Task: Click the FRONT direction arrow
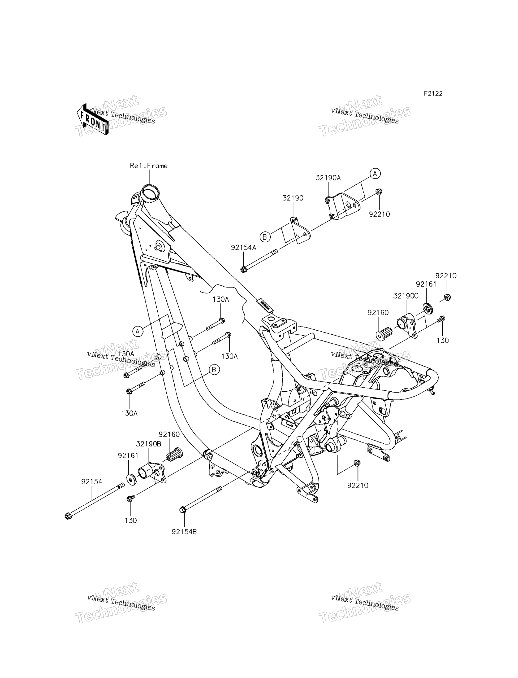click(92, 119)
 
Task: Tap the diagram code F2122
click(433, 93)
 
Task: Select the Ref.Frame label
click(149, 166)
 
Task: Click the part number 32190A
click(328, 178)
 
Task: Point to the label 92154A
click(244, 248)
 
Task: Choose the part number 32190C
click(406, 296)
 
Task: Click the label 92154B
click(184, 532)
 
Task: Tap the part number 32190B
click(149, 444)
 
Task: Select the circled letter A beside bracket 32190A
click(375, 174)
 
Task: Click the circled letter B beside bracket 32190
click(264, 237)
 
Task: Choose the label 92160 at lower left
click(169, 434)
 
